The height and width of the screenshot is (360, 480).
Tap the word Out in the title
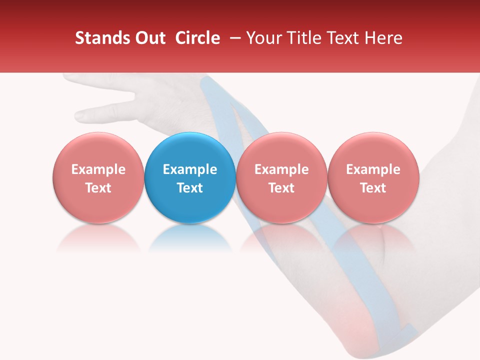[149, 38]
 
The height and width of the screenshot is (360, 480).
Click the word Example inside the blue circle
[190, 169]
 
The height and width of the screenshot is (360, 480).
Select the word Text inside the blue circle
[190, 188]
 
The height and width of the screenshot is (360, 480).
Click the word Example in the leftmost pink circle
[98, 169]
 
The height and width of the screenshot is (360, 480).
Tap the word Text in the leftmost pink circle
[98, 188]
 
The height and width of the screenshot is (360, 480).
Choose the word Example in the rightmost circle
[373, 169]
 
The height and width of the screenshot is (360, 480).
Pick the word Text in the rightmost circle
[373, 188]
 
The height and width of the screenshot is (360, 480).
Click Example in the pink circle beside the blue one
[281, 169]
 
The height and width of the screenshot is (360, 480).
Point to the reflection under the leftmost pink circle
[98, 237]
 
